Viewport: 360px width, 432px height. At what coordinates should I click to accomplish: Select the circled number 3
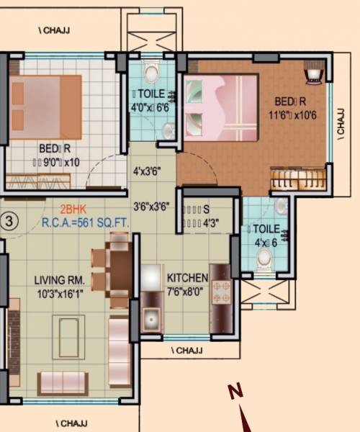[9, 220]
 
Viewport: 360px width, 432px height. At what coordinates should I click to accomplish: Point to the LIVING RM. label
[61, 279]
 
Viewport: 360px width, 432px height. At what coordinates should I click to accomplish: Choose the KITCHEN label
[187, 278]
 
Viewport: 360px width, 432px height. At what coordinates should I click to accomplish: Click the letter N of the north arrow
[235, 392]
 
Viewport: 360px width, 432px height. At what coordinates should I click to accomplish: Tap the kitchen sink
[151, 316]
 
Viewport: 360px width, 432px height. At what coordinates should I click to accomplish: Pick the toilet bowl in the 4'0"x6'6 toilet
[151, 73]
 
